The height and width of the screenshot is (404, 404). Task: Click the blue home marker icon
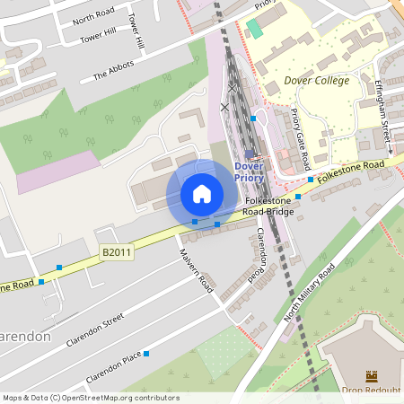202,194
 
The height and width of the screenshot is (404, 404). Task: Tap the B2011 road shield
116,253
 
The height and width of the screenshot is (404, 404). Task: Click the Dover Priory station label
249,171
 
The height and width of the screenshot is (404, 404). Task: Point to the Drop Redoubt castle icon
372,375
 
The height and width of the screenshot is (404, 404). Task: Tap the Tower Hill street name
99,37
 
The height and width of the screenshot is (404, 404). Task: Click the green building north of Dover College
255,28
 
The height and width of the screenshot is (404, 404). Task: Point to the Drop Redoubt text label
372,391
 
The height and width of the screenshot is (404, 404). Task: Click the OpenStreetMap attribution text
90,398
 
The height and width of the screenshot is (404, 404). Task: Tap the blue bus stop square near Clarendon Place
145,354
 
